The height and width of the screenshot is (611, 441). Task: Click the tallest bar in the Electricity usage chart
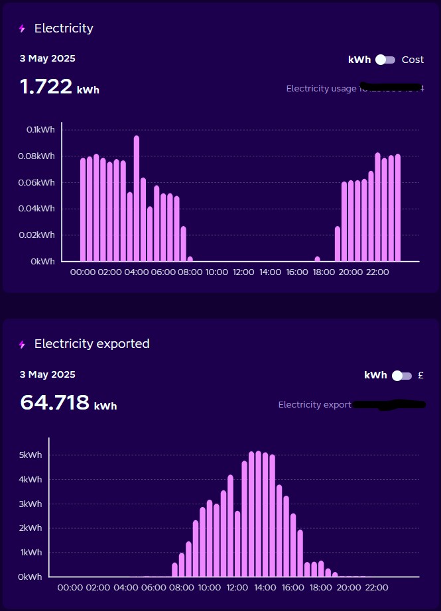pos(137,198)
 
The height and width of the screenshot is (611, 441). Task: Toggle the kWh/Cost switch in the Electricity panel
pos(385,60)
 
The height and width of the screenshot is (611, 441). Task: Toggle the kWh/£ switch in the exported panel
pos(401,376)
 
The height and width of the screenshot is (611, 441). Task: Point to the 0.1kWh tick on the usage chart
pos(40,129)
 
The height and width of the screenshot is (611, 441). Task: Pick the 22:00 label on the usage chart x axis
pos(377,272)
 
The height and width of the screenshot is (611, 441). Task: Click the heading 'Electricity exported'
pos(92,344)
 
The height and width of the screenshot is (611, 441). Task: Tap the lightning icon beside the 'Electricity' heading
pos(22,28)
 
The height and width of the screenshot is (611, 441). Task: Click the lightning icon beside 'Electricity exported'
pos(22,345)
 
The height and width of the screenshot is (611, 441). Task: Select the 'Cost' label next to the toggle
pos(412,60)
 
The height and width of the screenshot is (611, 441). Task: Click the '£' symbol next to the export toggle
pos(421,375)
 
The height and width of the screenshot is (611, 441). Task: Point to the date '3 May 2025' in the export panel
pos(48,374)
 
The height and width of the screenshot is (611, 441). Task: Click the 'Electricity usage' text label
pos(321,88)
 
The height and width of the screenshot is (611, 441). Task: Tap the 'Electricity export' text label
pos(314,404)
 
